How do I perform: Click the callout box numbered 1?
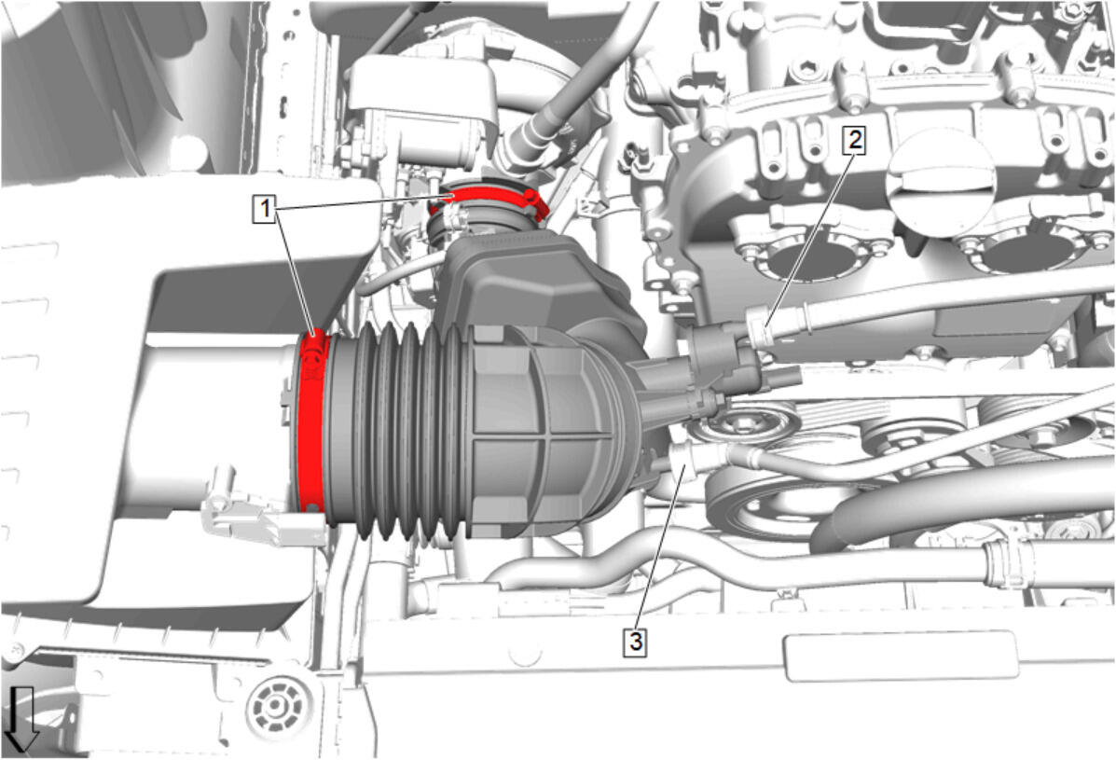[x=264, y=209]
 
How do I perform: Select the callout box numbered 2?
[x=854, y=140]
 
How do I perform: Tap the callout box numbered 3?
[x=635, y=642]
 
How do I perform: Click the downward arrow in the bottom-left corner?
[x=21, y=720]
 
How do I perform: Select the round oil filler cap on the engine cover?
[x=940, y=174]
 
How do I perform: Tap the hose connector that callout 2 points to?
[x=760, y=326]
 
